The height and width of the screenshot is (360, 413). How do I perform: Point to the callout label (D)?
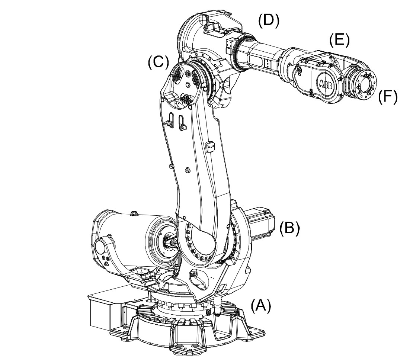point(268,22)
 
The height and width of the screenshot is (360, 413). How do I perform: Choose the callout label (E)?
point(339,40)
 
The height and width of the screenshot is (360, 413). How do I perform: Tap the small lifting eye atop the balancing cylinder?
point(135,213)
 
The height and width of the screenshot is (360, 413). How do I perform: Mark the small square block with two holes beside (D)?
point(230,43)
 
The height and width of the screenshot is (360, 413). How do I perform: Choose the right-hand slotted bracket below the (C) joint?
point(182,122)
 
